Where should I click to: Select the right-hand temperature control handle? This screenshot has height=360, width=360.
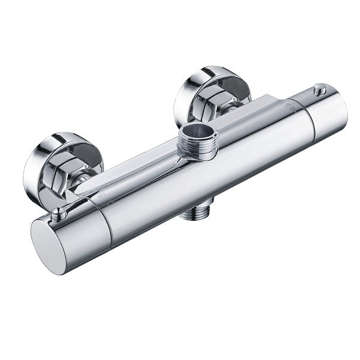324,114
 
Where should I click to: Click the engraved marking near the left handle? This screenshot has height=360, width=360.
101,195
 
